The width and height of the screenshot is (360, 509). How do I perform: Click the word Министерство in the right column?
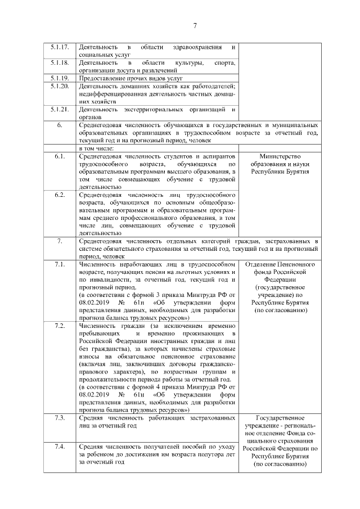(x=280, y=156)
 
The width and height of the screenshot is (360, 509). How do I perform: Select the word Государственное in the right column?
(x=280, y=418)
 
